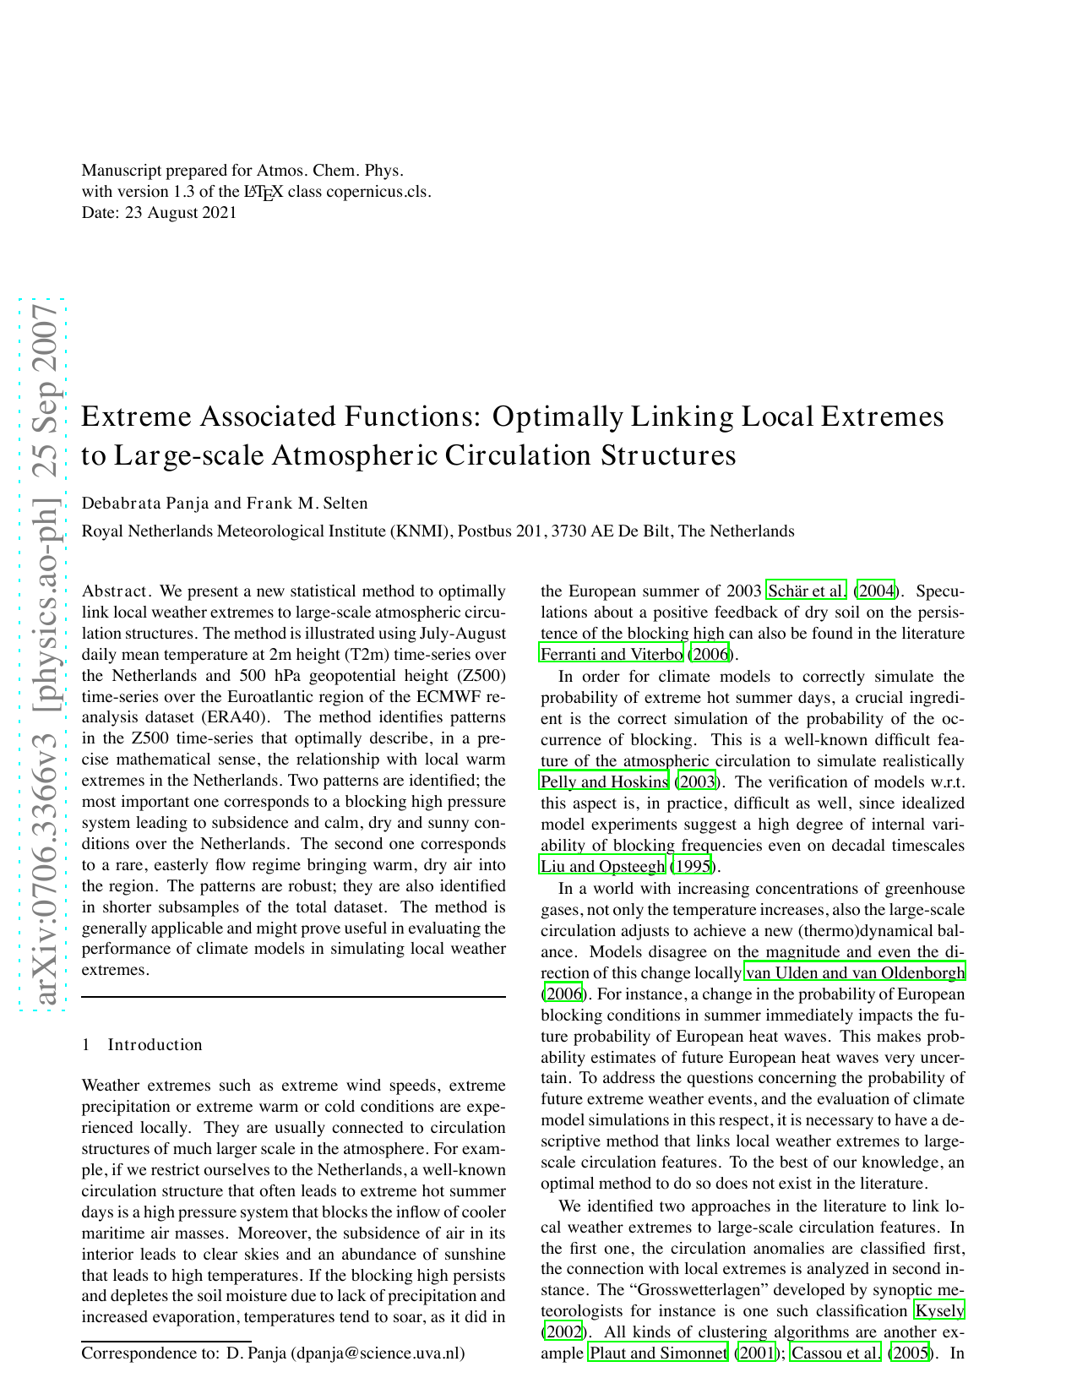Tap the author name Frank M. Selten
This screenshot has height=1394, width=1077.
307,504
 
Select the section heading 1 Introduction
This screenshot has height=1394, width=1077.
142,1045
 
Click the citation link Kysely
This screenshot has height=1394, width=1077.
939,1311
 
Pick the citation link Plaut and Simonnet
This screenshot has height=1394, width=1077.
658,1353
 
